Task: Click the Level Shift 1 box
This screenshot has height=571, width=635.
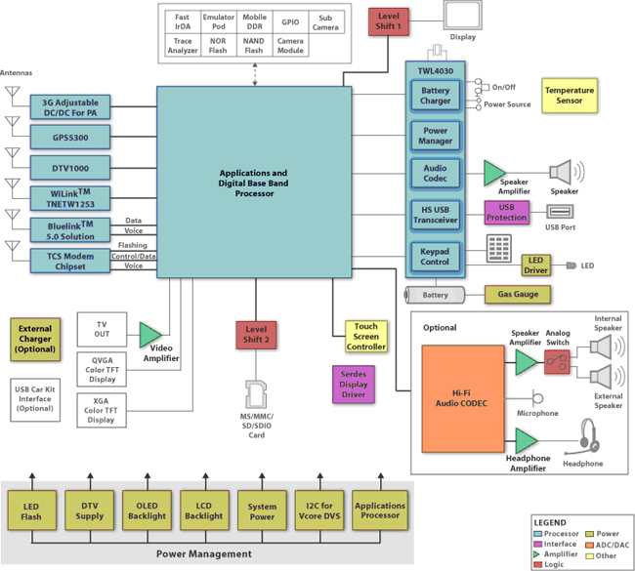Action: coord(389,21)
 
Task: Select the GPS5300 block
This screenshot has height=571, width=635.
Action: coord(70,138)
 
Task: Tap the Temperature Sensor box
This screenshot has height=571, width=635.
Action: coord(570,96)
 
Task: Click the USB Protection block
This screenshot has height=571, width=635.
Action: coord(507,213)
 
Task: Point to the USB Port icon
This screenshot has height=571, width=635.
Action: coord(560,212)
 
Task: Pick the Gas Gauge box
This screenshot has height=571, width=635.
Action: coord(518,294)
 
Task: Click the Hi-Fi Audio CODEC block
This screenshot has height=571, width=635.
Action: coord(463,398)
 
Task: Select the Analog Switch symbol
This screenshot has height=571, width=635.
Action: coord(557,362)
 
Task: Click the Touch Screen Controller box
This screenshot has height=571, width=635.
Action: coord(366,337)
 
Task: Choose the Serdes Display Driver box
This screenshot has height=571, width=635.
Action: coord(354,385)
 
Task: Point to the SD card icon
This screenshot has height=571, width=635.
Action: coord(256,393)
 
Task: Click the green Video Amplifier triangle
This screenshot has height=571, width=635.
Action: coord(149,335)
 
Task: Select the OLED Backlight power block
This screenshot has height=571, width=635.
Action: coord(147,510)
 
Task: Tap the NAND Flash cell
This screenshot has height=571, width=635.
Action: coord(254,46)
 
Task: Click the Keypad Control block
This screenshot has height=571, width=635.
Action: coord(435,257)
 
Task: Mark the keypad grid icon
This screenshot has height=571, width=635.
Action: coord(498,249)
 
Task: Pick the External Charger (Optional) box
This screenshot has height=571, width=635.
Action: coord(35,339)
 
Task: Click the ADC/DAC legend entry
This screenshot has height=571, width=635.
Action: coord(608,545)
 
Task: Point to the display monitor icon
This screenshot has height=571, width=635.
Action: coord(463,16)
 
